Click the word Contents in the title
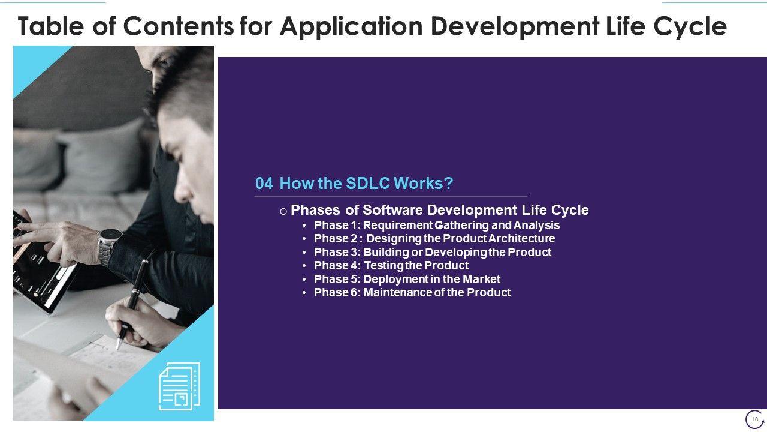coord(179,26)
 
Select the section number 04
coord(264,184)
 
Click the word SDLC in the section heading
coord(368,184)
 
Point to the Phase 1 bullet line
coord(437,225)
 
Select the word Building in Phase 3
coord(386,253)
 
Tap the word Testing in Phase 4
coord(383,266)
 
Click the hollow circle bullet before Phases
coord(283,211)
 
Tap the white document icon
coord(179,386)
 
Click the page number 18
coord(754,419)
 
